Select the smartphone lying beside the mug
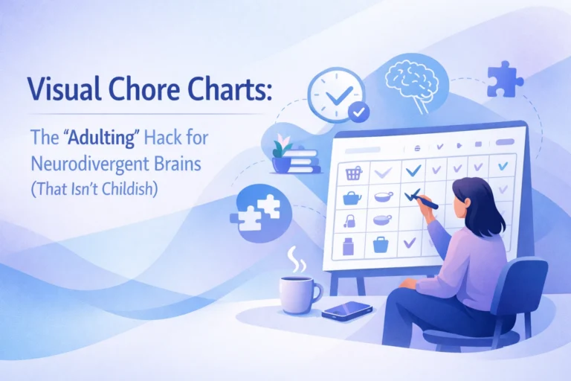point(347,310)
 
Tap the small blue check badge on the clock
point(359,112)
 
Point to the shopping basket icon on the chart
point(353,173)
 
